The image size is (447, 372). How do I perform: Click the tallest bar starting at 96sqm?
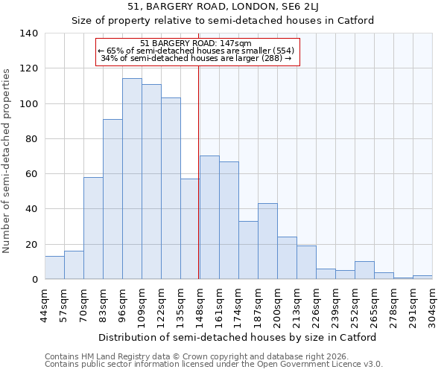[132, 179]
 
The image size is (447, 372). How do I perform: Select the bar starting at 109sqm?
[151, 182]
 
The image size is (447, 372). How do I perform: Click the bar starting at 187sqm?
[267, 241]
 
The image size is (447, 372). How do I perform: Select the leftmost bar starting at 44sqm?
[54, 267]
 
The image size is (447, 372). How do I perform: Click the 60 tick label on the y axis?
[31, 174]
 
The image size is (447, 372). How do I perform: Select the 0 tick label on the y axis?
[34, 280]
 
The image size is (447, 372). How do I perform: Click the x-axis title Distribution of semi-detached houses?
[238, 337]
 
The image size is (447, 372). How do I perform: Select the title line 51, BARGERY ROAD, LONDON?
[223, 7]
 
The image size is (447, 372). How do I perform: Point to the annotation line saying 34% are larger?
[195, 58]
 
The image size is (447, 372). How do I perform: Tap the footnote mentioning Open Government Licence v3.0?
[214, 365]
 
